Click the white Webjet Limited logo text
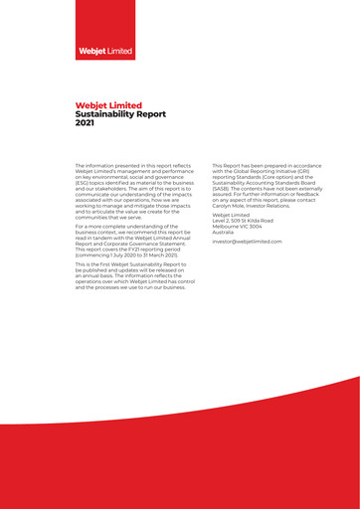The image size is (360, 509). (x=105, y=49)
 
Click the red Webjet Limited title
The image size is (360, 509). (x=108, y=105)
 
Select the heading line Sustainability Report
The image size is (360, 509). (x=121, y=114)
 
